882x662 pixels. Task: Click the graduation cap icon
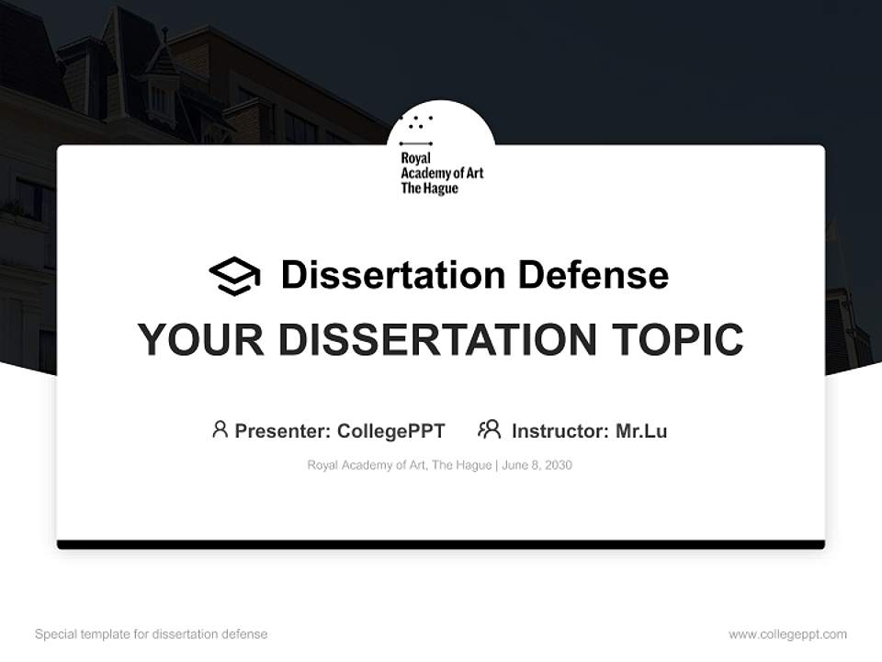(234, 276)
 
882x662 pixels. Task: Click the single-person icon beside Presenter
(220, 429)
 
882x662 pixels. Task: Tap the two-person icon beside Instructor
(490, 429)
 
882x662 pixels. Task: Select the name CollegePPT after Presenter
(391, 430)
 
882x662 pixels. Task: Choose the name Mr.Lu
(641, 430)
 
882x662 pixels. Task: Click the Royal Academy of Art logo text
(441, 173)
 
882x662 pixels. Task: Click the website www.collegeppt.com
(787, 634)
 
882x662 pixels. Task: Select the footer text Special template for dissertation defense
(152, 634)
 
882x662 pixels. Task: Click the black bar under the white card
(441, 544)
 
